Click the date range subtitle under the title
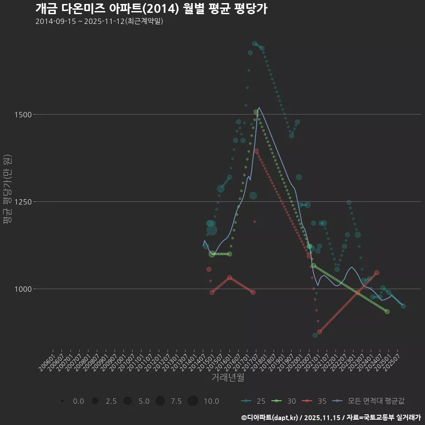[99, 21]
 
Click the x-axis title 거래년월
[228, 377]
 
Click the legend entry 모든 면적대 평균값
[370, 401]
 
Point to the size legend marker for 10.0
[193, 401]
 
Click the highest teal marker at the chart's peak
[255, 43]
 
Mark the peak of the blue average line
[259, 107]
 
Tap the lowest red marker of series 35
[319, 332]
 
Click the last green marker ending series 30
[387, 312]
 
